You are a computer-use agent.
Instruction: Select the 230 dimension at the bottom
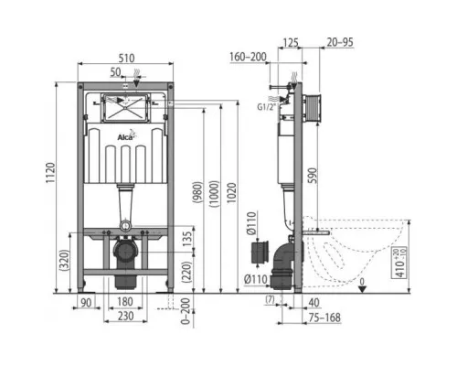click(126, 317)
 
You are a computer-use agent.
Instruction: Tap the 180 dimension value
click(126, 303)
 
